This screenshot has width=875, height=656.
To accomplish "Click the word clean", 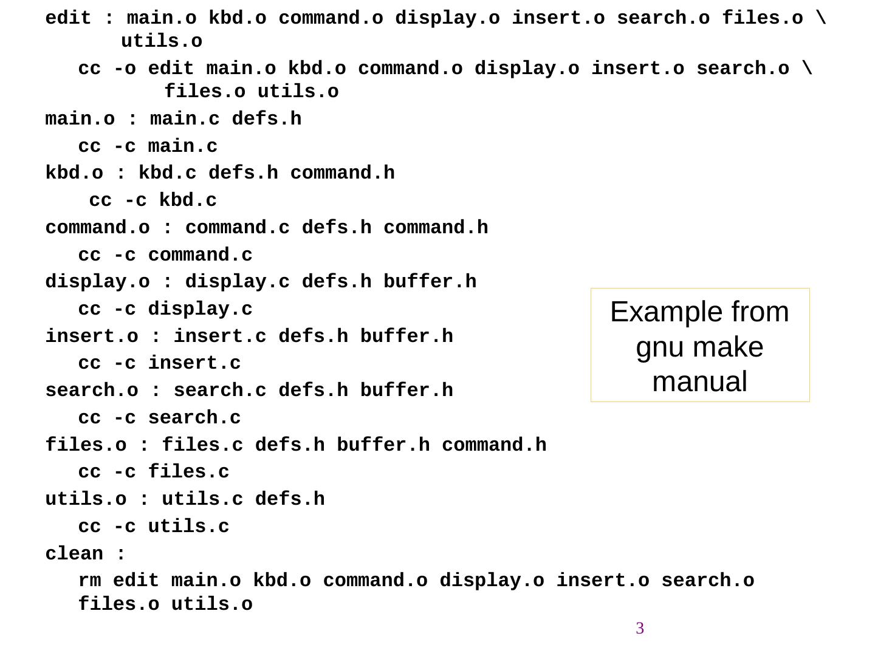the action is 74,554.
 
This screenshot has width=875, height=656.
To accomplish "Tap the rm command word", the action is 89,581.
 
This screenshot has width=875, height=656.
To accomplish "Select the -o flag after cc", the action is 125,69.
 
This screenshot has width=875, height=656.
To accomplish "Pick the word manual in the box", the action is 699,382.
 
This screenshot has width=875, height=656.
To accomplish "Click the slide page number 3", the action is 640,628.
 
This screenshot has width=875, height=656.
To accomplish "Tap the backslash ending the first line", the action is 821,18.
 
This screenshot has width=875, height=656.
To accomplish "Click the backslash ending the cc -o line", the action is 807,69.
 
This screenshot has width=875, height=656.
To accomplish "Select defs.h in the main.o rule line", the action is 266,119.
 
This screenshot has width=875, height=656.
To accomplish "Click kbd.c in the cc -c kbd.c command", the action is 188,200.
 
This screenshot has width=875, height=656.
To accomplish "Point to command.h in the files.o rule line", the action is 494,445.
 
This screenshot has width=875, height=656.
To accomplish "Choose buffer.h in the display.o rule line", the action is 430,282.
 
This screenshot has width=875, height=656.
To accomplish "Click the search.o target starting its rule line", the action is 92,391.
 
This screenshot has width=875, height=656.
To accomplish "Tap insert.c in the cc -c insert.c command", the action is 194,363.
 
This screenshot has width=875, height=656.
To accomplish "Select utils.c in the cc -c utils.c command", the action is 188,527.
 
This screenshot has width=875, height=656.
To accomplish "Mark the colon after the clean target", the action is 121,554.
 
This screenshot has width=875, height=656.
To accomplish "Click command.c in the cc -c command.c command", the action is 200,255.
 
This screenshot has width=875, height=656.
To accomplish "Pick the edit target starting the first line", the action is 68,18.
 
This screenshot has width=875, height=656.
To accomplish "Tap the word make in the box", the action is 728,347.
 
